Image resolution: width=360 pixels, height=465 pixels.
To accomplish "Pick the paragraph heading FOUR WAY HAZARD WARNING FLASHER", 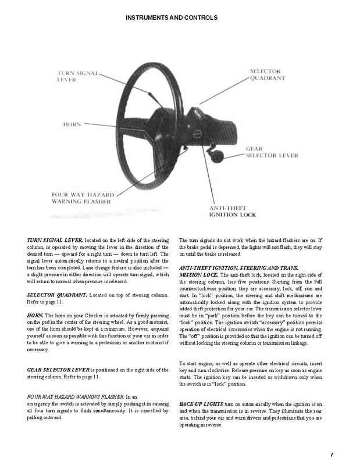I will tap(75, 395).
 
